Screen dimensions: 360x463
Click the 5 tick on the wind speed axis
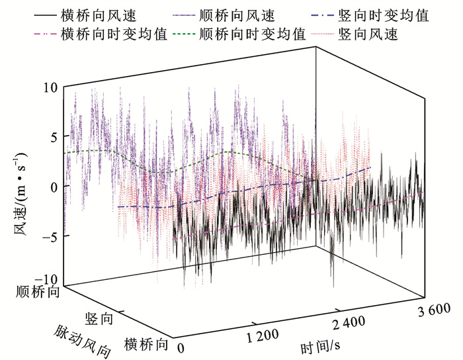tap(53, 136)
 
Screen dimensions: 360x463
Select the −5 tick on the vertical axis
tap(50, 235)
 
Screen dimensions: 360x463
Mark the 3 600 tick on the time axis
tap(435, 308)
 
